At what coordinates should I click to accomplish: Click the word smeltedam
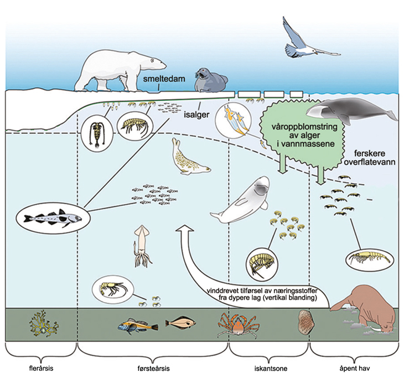(x=163, y=78)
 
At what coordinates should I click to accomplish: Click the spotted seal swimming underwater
(x=189, y=158)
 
